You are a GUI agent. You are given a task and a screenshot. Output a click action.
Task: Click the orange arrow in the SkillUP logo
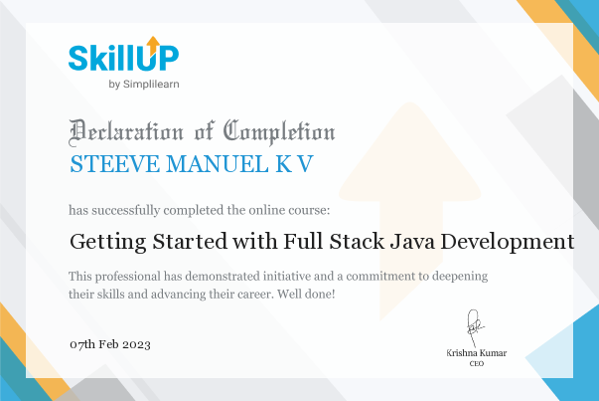[153, 46]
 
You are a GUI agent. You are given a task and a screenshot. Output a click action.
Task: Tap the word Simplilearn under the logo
[151, 85]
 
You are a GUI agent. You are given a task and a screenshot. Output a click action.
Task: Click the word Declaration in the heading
[126, 132]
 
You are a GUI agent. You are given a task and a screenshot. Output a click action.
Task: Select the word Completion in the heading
[279, 132]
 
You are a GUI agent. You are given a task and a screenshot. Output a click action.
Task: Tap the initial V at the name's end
[305, 164]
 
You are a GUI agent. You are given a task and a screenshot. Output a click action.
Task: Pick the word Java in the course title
[412, 242]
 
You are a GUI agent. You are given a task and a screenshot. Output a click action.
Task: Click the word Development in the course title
[508, 243]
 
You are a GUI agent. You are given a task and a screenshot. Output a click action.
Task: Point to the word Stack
[357, 242]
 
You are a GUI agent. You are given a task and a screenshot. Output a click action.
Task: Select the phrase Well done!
[306, 294]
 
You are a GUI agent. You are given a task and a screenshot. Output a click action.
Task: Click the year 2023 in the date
[136, 344]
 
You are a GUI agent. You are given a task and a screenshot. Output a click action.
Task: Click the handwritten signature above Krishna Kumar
[475, 328]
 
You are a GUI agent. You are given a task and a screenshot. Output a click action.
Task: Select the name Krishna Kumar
[477, 353]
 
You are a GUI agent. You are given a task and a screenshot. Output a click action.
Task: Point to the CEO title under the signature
[477, 363]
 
